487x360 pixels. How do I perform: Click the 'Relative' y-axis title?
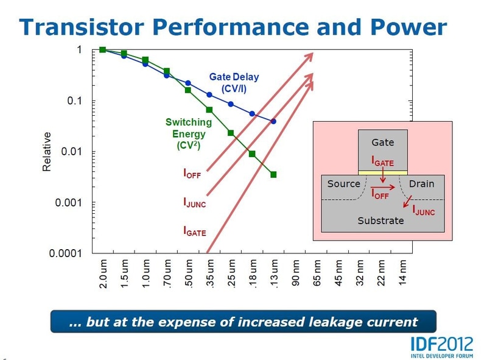coord(47,151)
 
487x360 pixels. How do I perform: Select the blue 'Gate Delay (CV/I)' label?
coord(234,83)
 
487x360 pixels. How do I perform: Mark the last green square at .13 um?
coord(273,175)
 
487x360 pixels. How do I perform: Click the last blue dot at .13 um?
coord(273,121)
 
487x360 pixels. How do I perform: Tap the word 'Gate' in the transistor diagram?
coord(382,143)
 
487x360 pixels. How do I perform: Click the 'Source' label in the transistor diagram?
coord(344,183)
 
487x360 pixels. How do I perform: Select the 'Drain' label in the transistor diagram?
coord(421,183)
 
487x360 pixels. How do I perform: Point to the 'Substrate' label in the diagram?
coord(380,220)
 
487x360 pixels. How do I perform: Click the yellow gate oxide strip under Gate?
coord(382,172)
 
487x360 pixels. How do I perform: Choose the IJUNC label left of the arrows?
coord(194,203)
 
